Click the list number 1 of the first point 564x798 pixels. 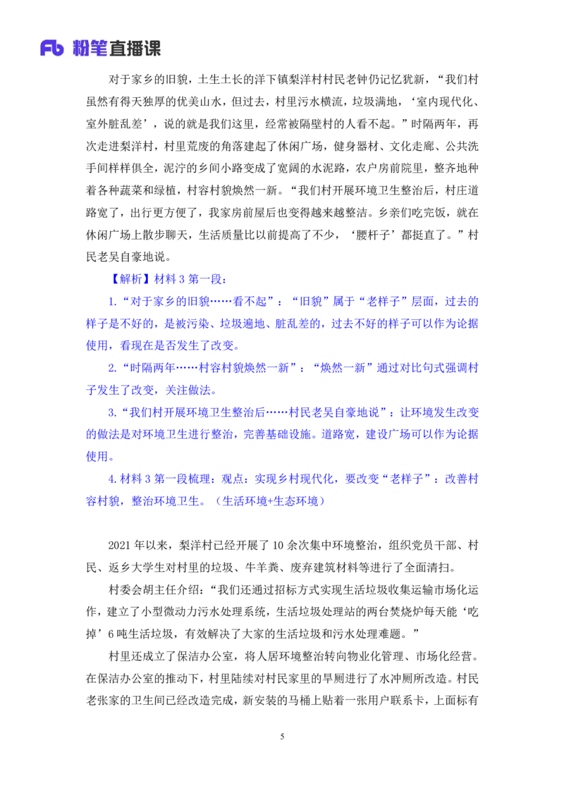111,302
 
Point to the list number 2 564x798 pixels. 111,368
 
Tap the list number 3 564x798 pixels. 111,412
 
